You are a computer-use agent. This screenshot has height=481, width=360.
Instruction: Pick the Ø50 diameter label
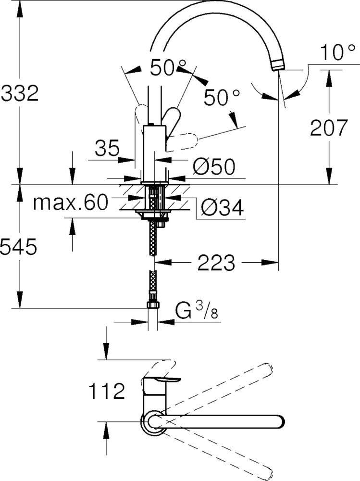tap(214, 167)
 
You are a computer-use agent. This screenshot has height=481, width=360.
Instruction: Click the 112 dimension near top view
tap(106, 392)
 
